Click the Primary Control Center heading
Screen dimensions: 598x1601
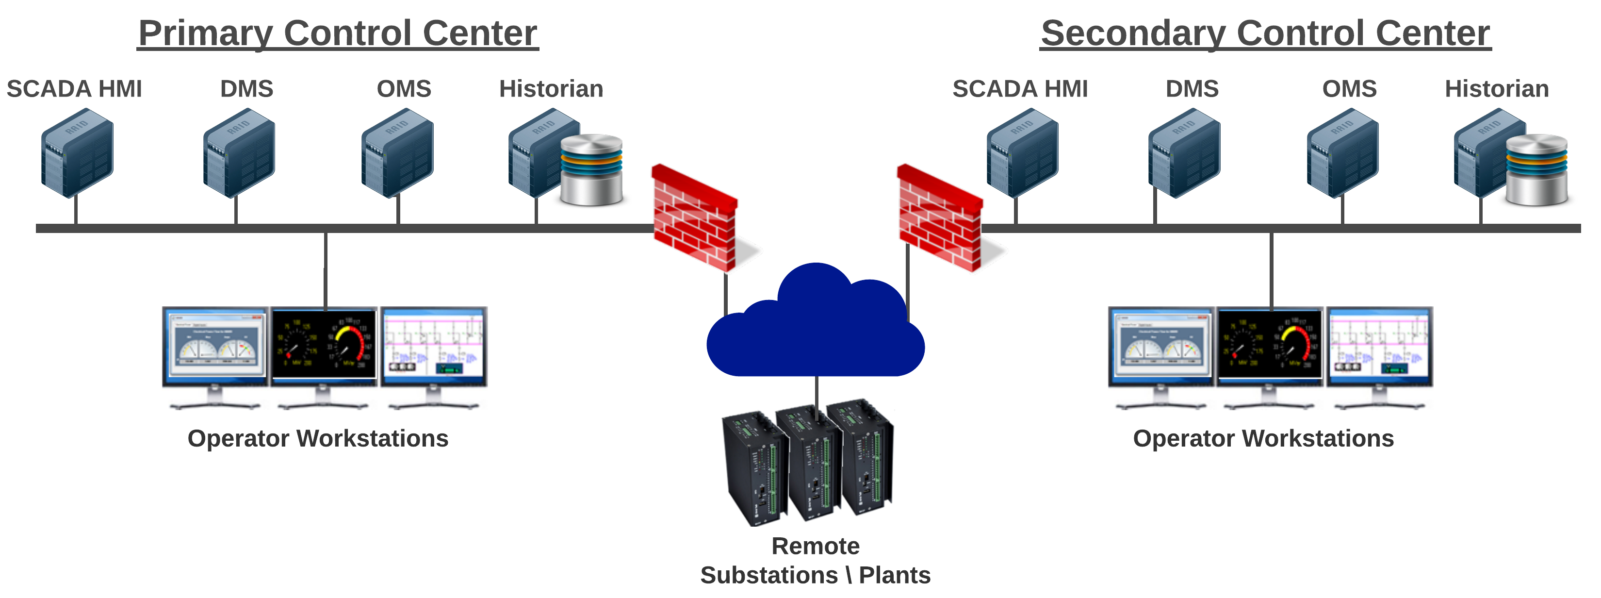tap(338, 33)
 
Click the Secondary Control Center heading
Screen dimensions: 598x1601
tap(1265, 33)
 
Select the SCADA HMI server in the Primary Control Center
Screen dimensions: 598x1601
tap(78, 153)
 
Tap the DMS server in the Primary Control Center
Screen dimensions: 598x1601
tap(239, 153)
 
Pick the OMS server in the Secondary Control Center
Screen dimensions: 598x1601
tap(1342, 153)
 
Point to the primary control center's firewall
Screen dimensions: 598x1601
tap(695, 217)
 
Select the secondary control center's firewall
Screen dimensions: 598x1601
tap(940, 217)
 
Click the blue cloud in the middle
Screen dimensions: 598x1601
tap(816, 330)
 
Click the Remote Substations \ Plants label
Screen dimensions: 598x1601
tap(816, 561)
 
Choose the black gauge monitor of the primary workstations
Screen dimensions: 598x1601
tap(324, 346)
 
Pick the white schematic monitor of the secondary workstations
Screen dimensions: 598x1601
tap(1379, 346)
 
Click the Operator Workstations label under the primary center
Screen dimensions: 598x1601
tap(318, 438)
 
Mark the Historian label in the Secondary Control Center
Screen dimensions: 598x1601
tap(1497, 89)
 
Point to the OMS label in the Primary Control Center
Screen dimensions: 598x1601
tap(404, 89)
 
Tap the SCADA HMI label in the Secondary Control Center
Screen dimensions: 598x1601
tap(1020, 89)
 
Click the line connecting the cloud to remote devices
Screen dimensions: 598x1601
tap(817, 392)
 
